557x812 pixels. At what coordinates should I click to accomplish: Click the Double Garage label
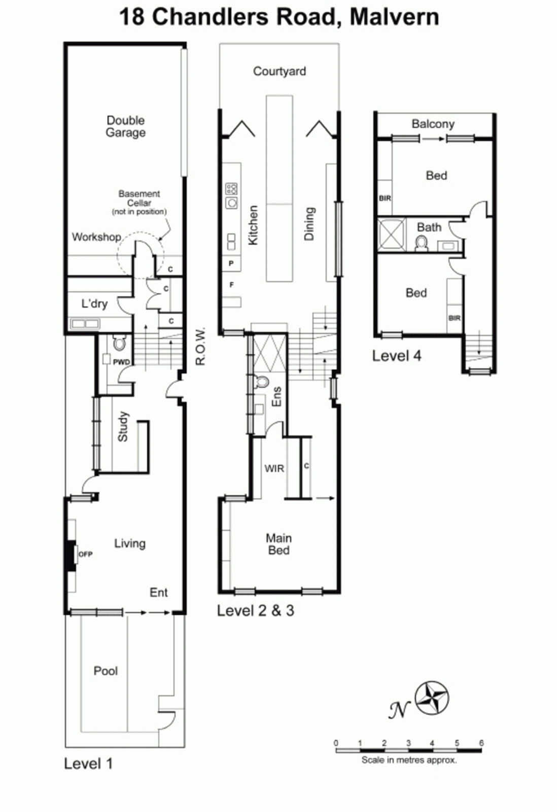[125, 126]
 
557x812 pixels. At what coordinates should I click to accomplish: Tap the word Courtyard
[280, 72]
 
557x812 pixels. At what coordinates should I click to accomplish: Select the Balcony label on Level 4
[433, 124]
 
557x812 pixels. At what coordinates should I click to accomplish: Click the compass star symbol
[432, 698]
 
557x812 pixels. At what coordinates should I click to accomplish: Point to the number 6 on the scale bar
[481, 743]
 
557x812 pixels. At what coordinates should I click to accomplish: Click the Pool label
[106, 670]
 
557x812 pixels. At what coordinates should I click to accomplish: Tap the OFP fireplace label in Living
[86, 554]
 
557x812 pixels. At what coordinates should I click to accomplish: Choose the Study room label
[123, 426]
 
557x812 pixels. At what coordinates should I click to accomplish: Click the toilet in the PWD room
[119, 342]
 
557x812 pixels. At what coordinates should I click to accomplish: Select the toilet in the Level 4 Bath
[421, 243]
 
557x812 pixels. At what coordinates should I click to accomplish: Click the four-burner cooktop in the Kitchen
[231, 188]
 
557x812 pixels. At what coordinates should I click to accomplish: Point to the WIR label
[274, 469]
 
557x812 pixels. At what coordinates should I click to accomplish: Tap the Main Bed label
[278, 544]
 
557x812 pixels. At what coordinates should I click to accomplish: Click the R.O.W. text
[200, 347]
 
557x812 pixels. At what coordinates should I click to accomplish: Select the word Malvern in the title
[394, 17]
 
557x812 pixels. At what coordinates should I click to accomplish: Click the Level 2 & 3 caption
[256, 611]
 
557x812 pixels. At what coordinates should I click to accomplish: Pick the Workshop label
[96, 237]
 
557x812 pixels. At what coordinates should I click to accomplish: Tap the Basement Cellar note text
[139, 203]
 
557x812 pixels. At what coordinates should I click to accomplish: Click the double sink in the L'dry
[85, 324]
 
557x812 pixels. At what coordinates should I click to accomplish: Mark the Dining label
[309, 224]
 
